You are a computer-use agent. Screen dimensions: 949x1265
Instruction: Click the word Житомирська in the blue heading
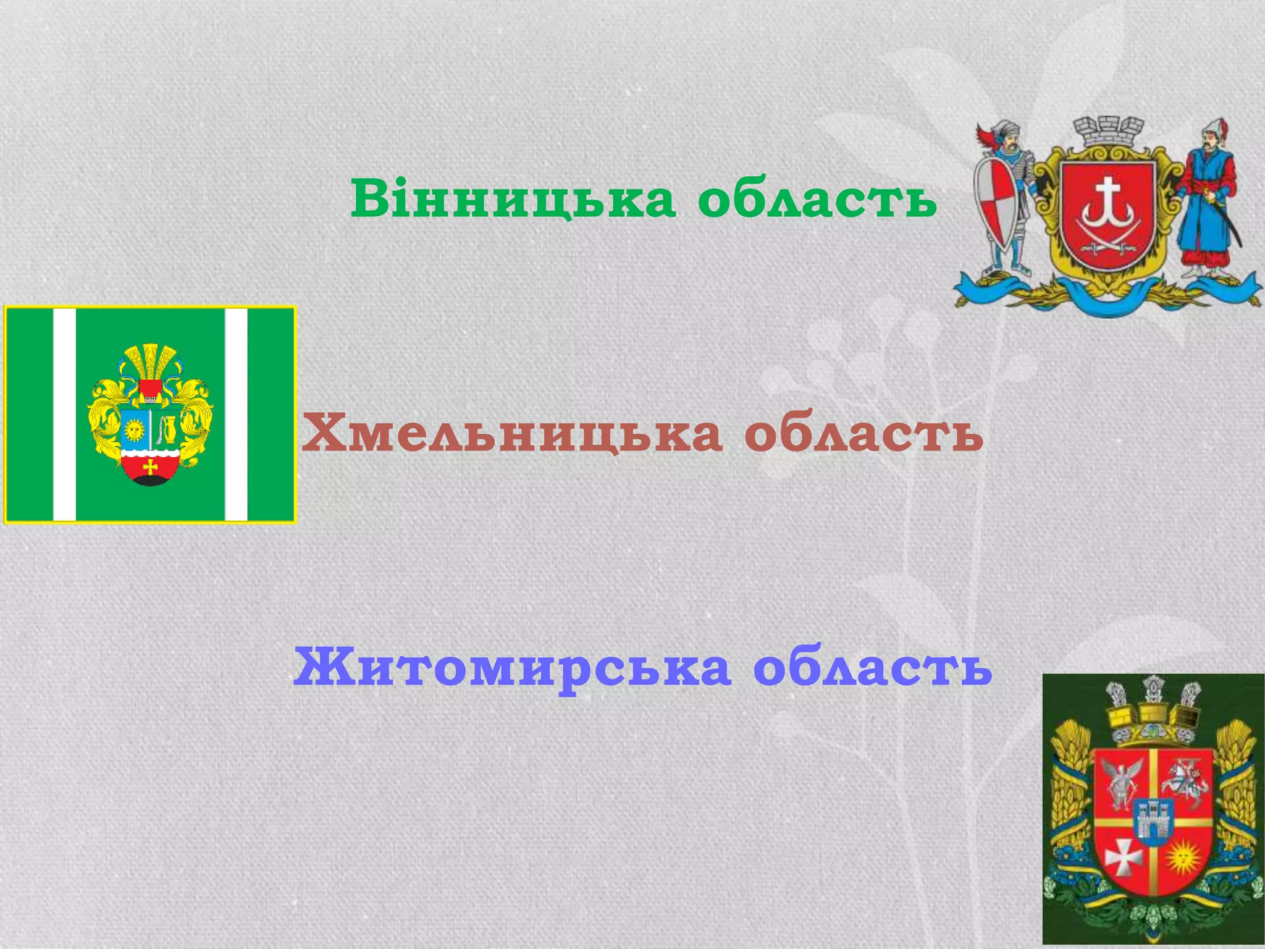pos(511,667)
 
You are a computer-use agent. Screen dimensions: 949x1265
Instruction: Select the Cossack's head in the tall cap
pos(1208,141)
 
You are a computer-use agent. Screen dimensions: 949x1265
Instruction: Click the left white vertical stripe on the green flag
pos(64,414)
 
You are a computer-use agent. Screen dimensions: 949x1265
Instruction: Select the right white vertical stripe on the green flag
pos(236,414)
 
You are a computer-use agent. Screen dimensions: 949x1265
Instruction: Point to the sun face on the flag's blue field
pos(134,429)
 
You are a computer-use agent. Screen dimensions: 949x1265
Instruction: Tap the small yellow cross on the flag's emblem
pos(150,466)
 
